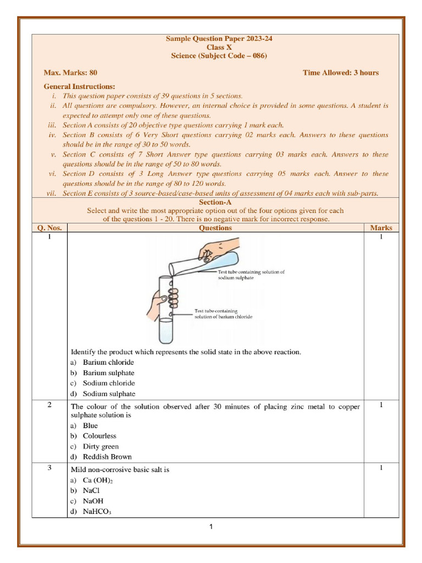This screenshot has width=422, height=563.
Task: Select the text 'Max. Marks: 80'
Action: pyautogui.click(x=70, y=73)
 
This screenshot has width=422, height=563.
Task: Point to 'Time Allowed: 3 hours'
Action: pyautogui.click(x=340, y=73)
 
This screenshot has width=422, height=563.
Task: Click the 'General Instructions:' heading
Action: pyautogui.click(x=79, y=86)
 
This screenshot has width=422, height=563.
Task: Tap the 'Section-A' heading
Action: pyautogui.click(x=215, y=202)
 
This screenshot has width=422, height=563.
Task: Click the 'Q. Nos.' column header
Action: pyautogui.click(x=49, y=228)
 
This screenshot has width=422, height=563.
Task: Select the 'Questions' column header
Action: pyautogui.click(x=215, y=228)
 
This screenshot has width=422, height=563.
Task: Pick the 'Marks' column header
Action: pyautogui.click(x=381, y=228)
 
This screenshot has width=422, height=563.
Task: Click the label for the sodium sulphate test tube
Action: pyautogui.click(x=251, y=275)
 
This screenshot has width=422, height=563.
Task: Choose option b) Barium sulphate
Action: pyautogui.click(x=108, y=373)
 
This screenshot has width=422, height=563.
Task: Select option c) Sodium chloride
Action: pyautogui.click(x=108, y=383)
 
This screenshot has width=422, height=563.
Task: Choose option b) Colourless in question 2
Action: pyautogui.click(x=99, y=436)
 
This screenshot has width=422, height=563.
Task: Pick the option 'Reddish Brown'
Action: pyautogui.click(x=107, y=457)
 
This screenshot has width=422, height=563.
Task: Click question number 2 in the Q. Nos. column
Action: pyautogui.click(x=49, y=405)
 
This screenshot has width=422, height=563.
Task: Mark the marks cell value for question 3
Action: pyautogui.click(x=381, y=468)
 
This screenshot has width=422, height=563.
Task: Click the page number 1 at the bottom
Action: pyautogui.click(x=210, y=527)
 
